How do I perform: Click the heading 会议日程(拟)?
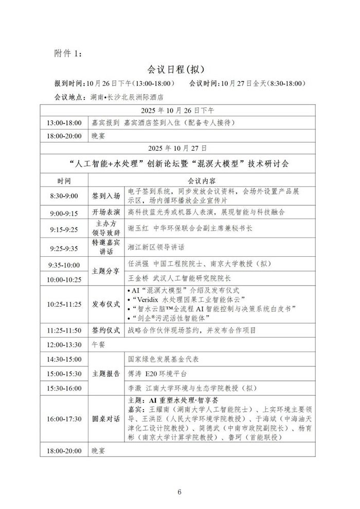point(179,68)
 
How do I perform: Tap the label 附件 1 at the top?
point(67,52)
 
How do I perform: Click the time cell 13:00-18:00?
point(64,123)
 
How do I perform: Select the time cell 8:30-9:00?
point(64,196)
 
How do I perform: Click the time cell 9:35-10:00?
point(64,265)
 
